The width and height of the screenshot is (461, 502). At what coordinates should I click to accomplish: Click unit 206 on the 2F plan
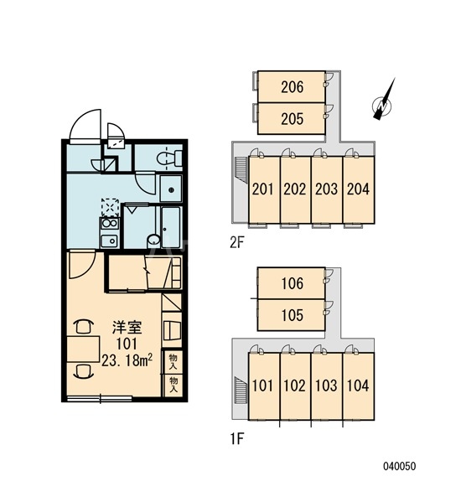(x=292, y=87)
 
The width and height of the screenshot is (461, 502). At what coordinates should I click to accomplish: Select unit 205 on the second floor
(x=292, y=118)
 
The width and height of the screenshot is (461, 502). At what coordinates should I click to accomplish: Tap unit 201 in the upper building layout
(x=264, y=189)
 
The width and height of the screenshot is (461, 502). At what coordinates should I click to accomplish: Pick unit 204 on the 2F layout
(x=359, y=189)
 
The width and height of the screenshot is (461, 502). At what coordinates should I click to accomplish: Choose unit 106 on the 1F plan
(x=292, y=283)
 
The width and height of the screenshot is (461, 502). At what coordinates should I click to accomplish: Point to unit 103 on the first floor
(x=327, y=386)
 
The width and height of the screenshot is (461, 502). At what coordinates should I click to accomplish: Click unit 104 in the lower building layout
(x=359, y=386)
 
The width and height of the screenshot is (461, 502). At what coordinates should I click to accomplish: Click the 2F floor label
(x=237, y=243)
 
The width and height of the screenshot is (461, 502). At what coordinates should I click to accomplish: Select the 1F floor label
(x=237, y=439)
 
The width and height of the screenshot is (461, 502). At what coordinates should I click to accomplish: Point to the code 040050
(x=400, y=466)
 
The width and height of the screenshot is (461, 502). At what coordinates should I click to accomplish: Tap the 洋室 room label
(x=127, y=328)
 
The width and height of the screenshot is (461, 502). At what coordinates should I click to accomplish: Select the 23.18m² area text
(x=127, y=361)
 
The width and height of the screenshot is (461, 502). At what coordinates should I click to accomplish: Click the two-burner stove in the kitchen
(x=110, y=224)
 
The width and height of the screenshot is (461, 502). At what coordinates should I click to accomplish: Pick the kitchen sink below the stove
(x=110, y=241)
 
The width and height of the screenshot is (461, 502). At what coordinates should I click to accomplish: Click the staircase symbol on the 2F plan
(x=241, y=169)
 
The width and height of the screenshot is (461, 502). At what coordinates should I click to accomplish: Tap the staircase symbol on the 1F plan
(x=241, y=391)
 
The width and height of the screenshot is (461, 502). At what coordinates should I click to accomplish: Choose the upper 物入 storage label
(x=174, y=362)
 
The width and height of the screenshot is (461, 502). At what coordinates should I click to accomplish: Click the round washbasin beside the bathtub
(x=154, y=241)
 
